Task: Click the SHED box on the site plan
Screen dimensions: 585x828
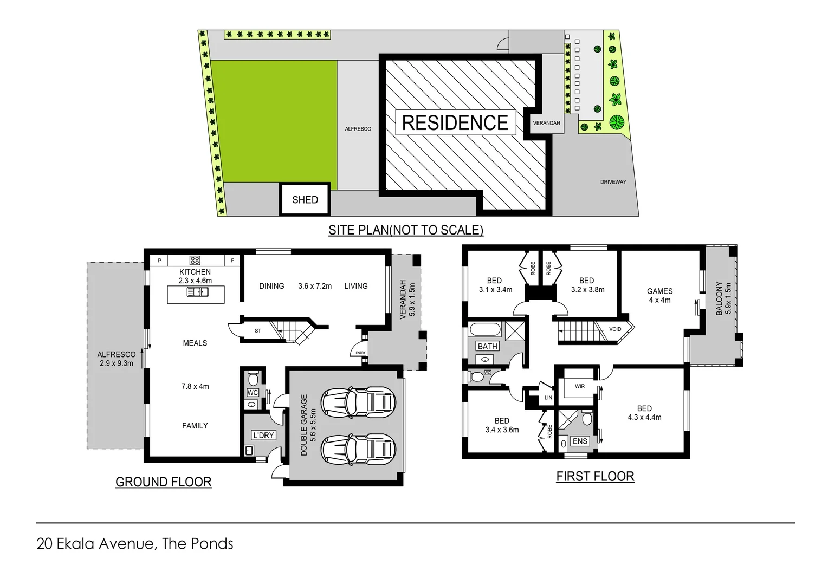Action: pyautogui.click(x=305, y=200)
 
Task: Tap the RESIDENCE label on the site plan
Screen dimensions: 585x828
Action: pyautogui.click(x=455, y=123)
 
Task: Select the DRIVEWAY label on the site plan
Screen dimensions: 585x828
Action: pyautogui.click(x=613, y=182)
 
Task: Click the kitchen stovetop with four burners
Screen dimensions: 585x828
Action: pyautogui.click(x=195, y=261)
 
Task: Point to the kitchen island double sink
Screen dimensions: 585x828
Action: pyautogui.click(x=197, y=292)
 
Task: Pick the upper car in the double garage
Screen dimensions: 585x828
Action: pyautogui.click(x=358, y=402)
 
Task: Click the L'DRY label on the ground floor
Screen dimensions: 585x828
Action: pyautogui.click(x=263, y=435)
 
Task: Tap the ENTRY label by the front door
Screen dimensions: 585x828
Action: pyautogui.click(x=360, y=353)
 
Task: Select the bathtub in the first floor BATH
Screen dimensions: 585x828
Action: pyautogui.click(x=486, y=329)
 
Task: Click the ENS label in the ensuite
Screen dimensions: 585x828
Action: pyautogui.click(x=580, y=441)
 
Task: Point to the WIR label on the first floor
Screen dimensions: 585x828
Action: pyautogui.click(x=580, y=386)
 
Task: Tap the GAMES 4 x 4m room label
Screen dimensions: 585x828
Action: pyautogui.click(x=659, y=295)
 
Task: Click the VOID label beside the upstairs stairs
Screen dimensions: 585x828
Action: pyautogui.click(x=615, y=329)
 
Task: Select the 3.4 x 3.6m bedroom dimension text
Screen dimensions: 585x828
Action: pyautogui.click(x=502, y=430)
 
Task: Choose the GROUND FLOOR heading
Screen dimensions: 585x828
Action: pyautogui.click(x=163, y=482)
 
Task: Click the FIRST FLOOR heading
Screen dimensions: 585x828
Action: pyautogui.click(x=595, y=476)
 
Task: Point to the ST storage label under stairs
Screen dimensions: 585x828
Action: pyautogui.click(x=258, y=330)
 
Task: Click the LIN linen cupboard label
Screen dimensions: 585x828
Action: pyautogui.click(x=548, y=398)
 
